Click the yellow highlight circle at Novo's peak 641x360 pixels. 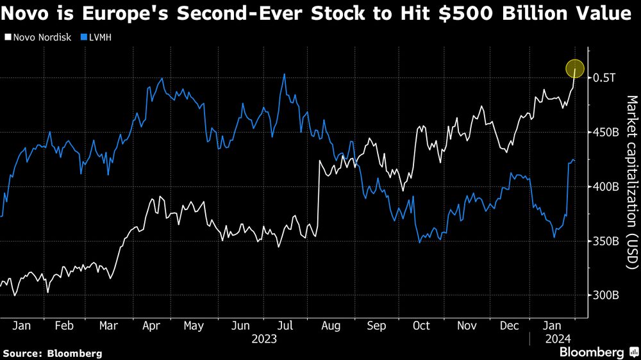click(x=575, y=69)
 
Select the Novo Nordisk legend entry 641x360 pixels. click(x=37, y=37)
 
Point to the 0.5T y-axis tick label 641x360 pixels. click(x=604, y=78)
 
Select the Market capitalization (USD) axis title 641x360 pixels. click(x=631, y=183)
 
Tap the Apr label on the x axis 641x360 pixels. click(x=150, y=326)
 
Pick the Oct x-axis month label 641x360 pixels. click(x=421, y=326)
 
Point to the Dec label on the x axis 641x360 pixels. click(x=510, y=326)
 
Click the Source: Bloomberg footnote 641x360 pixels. click(x=53, y=353)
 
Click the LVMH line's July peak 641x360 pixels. click(x=284, y=74)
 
